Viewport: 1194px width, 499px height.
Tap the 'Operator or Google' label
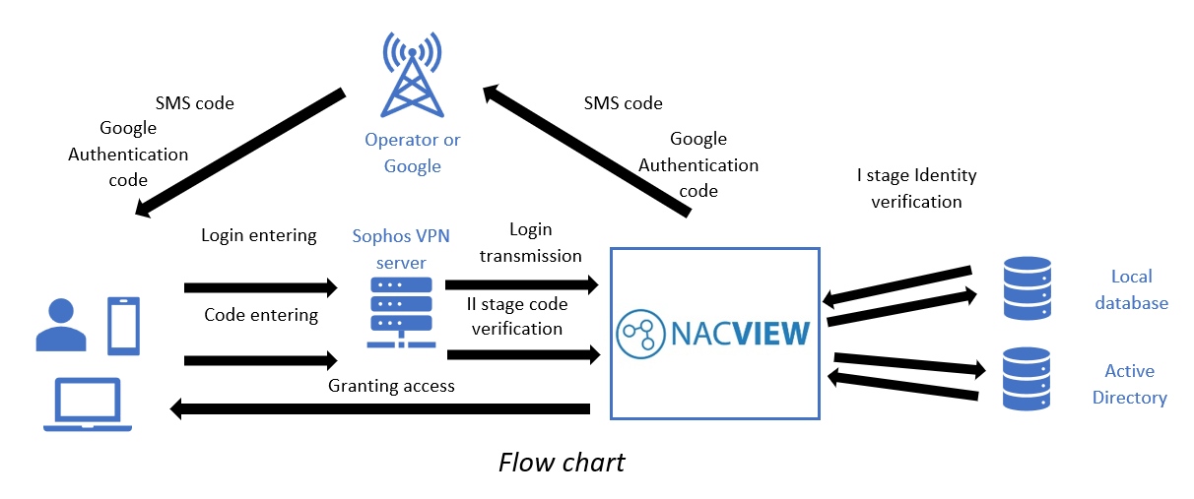click(412, 153)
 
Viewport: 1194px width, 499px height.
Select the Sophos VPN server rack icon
click(401, 310)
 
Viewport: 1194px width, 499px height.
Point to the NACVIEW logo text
click(713, 334)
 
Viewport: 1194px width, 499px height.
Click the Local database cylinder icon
click(1027, 288)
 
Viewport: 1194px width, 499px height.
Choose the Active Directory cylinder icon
click(1027, 379)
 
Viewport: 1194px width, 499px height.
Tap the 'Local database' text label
click(1130, 289)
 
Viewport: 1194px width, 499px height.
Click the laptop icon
click(88, 405)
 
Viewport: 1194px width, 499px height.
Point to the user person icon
click(62, 326)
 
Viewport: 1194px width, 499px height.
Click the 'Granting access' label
click(391, 386)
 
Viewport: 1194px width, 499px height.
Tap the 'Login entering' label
click(258, 235)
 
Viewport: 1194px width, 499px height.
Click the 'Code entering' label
click(261, 315)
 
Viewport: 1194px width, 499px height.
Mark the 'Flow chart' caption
click(562, 462)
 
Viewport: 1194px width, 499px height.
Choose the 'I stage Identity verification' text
click(916, 188)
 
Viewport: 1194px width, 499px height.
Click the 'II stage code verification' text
click(516, 316)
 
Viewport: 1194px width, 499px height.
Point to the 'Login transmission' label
click(530, 242)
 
